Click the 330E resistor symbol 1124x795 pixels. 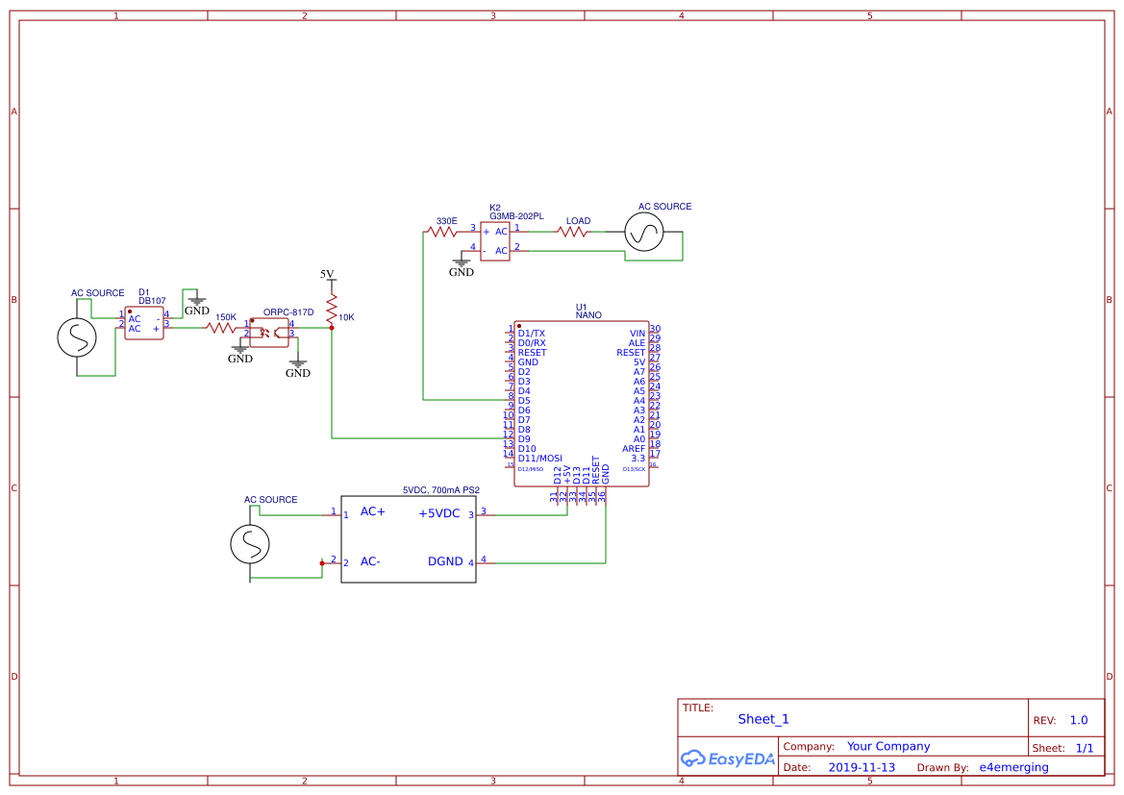pyautogui.click(x=444, y=232)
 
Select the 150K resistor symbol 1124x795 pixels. pyautogui.click(x=221, y=328)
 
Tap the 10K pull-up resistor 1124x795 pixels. pyautogui.click(x=332, y=309)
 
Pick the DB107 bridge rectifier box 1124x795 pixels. pyautogui.click(x=144, y=323)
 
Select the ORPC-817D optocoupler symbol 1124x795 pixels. pyautogui.click(x=269, y=333)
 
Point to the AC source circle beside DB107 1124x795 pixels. pyautogui.click(x=77, y=337)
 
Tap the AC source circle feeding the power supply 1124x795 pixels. pyautogui.click(x=250, y=545)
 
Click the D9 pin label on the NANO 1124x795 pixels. pyautogui.click(x=524, y=439)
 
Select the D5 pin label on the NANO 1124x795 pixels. pyautogui.click(x=524, y=401)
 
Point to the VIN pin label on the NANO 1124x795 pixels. pyautogui.click(x=637, y=333)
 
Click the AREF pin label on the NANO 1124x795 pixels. pyautogui.click(x=634, y=449)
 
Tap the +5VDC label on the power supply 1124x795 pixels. pyautogui.click(x=439, y=513)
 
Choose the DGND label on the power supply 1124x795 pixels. pyautogui.click(x=445, y=561)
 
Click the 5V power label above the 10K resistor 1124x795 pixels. pyautogui.click(x=327, y=275)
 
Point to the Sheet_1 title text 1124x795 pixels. pyautogui.click(x=763, y=719)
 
